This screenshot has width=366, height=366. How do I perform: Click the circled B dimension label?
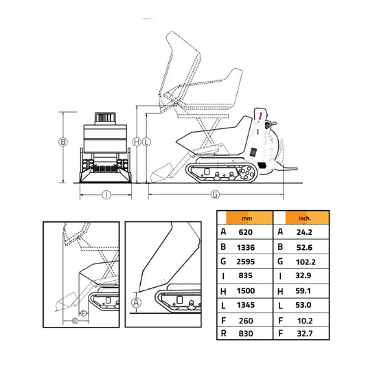pos(62,142)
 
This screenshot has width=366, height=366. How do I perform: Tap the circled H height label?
pos(137,142)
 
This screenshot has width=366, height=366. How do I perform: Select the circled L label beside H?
pos(146,142)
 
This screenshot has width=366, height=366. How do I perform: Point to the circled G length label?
pos(214,194)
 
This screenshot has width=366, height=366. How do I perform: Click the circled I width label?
pos(106,194)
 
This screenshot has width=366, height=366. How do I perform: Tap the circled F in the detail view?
pos(83,312)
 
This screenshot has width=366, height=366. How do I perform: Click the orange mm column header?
pos(245,218)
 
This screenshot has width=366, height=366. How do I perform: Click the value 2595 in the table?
pos(246,262)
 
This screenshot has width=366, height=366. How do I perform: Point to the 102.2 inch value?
pos(306,262)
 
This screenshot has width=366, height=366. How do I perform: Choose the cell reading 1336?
pos(246,247)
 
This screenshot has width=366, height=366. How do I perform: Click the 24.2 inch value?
pos(306,231)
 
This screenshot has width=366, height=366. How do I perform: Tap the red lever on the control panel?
pos(261,113)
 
